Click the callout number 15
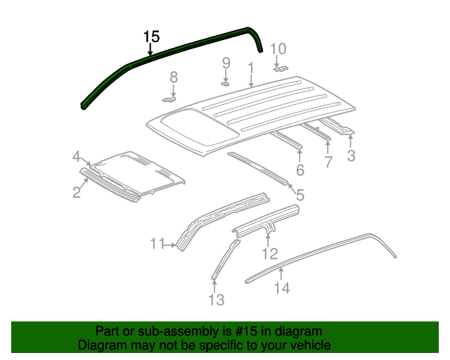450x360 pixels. tap(151, 37)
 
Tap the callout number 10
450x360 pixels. tap(278, 49)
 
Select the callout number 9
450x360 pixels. tap(226, 63)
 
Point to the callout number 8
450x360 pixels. tap(174, 77)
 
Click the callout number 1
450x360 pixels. tap(250, 67)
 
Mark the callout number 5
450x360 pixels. tap(300, 195)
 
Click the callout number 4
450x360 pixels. tap(76, 157)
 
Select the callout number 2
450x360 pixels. tap(77, 191)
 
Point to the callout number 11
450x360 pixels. tap(156, 244)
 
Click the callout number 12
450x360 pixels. tap(270, 254)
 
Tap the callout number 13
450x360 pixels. tap(216, 300)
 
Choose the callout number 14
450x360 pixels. tap(281, 287)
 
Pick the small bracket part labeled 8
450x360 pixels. tap(171, 99)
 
